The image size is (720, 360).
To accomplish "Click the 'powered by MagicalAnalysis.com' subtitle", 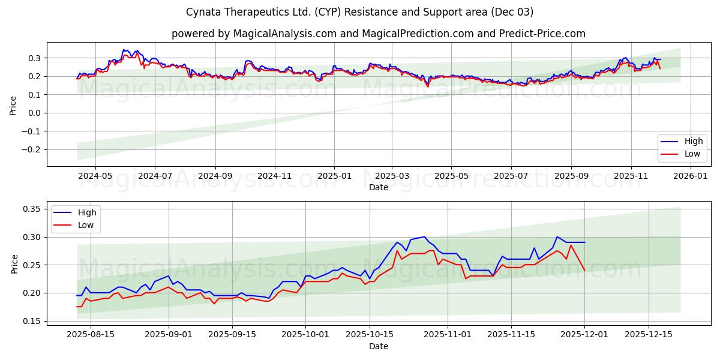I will coord(378,34).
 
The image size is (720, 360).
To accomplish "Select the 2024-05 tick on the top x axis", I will coord(95,176).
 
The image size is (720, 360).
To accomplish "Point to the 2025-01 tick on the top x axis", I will coord(334,176).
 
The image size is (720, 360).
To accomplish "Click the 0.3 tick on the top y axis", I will coord(34,58).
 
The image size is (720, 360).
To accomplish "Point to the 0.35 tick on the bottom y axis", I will coord(31,209).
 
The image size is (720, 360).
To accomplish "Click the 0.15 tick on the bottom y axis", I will coord(31,321).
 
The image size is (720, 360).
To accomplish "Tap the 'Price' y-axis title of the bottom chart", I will coord(14,264).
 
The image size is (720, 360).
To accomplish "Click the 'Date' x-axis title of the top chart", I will coord(378,187).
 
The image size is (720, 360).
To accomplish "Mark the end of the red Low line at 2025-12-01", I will coord(584,270).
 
